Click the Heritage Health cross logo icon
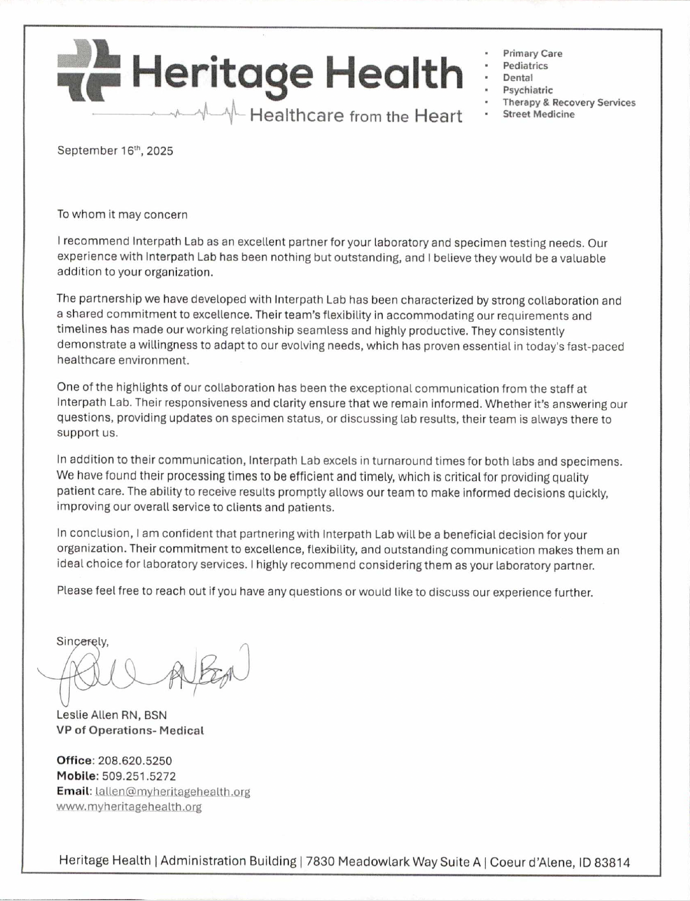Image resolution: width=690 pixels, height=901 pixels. (89, 71)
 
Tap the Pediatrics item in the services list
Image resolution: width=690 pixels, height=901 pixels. (525, 66)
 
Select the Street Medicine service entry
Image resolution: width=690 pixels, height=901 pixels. (539, 114)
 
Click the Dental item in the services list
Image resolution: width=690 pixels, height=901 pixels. (518, 78)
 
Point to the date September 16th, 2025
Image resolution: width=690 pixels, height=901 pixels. (115, 150)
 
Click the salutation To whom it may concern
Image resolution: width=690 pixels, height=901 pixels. (122, 214)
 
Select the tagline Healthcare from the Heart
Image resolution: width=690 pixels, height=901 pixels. (355, 116)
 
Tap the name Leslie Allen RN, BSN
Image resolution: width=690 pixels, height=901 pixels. (112, 715)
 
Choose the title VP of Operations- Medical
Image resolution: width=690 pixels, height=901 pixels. (130, 731)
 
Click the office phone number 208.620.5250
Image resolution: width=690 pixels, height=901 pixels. (135, 761)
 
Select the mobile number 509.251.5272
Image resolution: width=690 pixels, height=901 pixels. (139, 776)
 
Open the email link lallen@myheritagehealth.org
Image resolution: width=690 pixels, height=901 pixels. (173, 792)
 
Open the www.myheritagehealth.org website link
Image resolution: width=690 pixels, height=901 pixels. (129, 807)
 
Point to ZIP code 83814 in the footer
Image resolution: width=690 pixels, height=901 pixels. (612, 863)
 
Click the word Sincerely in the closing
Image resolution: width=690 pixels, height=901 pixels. (82, 642)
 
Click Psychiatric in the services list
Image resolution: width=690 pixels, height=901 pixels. (528, 90)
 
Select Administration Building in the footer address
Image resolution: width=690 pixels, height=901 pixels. (228, 861)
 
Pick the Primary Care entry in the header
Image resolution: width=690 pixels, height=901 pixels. (533, 53)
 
